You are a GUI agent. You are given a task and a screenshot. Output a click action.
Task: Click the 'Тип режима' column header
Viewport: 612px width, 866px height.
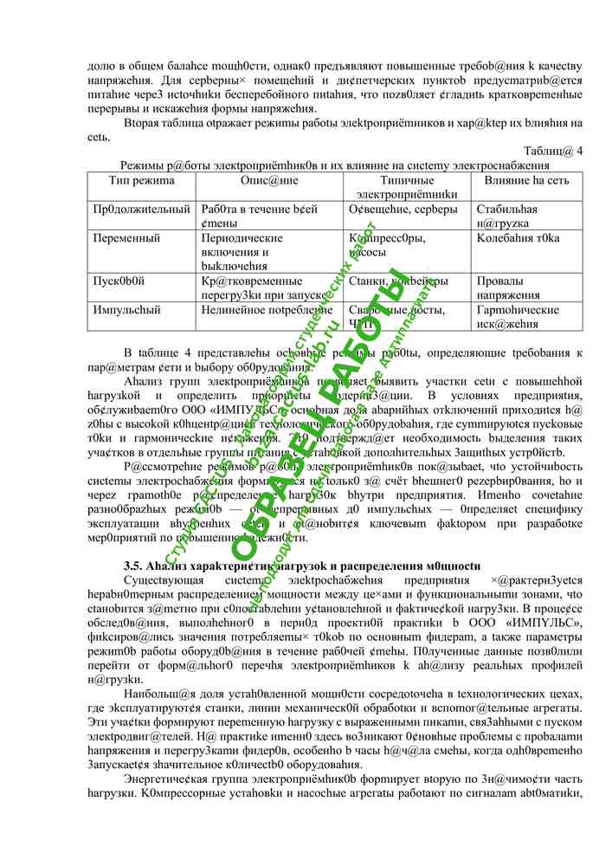(142, 181)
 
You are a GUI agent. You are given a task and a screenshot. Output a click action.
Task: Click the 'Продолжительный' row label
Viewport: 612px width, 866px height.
(142, 210)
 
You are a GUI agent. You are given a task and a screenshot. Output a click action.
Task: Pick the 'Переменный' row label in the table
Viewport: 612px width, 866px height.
(126, 238)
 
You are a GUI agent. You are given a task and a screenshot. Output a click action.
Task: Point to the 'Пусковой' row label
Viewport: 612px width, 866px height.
(119, 281)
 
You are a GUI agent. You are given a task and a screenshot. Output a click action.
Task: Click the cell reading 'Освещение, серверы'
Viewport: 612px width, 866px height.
(397, 210)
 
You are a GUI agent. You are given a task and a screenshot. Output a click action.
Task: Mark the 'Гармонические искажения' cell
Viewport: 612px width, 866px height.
(518, 316)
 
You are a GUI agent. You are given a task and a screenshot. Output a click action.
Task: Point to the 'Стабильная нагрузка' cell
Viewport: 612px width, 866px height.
(507, 216)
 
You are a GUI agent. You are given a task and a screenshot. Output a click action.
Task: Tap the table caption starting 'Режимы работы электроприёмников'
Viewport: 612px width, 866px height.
(335, 165)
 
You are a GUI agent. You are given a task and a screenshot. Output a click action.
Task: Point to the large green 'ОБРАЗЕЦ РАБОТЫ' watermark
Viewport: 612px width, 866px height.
(312, 416)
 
